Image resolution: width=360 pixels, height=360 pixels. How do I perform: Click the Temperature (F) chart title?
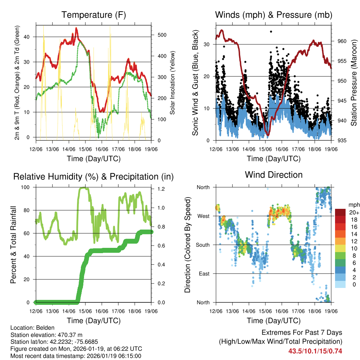(x=94, y=15)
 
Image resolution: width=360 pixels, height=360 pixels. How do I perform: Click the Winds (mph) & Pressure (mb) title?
(x=274, y=15)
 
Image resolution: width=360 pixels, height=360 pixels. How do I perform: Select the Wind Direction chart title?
(x=274, y=175)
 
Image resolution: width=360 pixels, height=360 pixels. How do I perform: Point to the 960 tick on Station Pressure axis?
(x=342, y=41)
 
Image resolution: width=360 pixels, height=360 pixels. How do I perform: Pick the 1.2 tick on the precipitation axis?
(x=161, y=189)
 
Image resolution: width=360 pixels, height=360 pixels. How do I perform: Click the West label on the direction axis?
(x=203, y=216)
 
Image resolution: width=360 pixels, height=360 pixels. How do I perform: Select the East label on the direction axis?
(x=204, y=274)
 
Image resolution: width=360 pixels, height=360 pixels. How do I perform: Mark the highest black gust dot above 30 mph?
(x=271, y=32)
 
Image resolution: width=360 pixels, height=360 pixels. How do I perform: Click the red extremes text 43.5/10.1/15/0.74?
(x=315, y=351)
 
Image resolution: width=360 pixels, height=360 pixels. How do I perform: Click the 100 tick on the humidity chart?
(x=29, y=187)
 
